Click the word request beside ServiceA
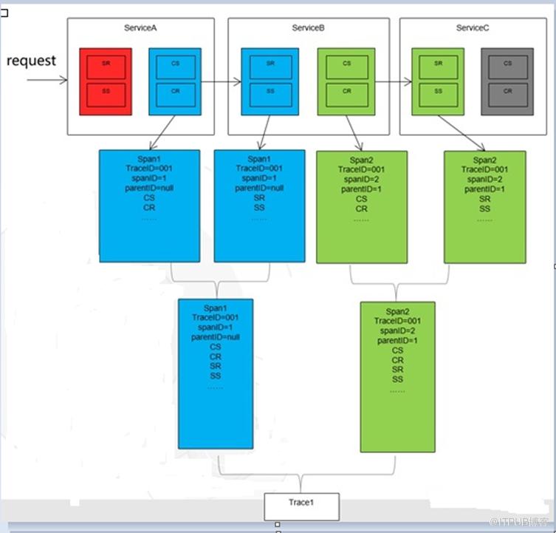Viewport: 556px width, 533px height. click(x=31, y=61)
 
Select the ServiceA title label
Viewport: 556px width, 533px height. click(x=141, y=27)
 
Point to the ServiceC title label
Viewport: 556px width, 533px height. click(x=473, y=27)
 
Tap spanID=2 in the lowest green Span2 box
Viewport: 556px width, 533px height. click(x=397, y=330)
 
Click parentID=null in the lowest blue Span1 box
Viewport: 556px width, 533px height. click(x=215, y=336)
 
